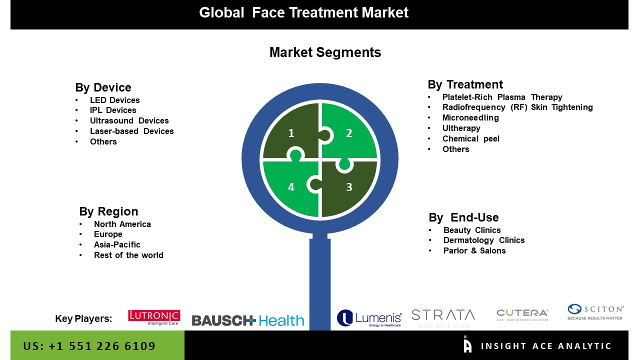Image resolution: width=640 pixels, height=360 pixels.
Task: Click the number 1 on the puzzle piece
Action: point(291,133)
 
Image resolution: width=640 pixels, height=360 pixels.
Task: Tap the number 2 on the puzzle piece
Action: point(349,133)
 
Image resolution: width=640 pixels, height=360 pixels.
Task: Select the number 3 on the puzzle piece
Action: point(349,187)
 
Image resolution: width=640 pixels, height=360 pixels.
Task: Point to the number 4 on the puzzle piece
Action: point(291,187)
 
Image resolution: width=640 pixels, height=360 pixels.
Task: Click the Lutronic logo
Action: point(154,317)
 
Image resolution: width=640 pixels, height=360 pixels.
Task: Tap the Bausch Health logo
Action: point(247,320)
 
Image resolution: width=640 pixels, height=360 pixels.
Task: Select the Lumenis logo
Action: point(369,318)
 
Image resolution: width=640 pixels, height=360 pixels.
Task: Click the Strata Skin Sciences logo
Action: point(443,318)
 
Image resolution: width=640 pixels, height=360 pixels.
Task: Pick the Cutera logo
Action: point(522,315)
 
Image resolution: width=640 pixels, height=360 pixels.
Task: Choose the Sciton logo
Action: point(595,312)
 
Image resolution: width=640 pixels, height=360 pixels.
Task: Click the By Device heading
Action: point(103,87)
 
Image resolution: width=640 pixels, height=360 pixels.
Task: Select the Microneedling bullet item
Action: point(470,117)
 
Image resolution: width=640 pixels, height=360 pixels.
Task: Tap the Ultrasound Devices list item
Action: point(129,120)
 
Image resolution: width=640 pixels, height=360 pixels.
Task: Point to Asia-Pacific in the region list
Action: point(117,244)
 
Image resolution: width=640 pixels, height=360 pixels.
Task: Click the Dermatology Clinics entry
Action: point(484,240)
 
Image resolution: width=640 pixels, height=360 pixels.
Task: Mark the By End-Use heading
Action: point(463,217)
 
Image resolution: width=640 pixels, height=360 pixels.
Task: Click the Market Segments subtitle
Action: point(325,52)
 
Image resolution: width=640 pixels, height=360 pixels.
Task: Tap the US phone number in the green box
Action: point(89,346)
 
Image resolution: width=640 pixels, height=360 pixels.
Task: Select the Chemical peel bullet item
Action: point(471,139)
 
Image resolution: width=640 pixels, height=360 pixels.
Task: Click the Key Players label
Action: point(83,318)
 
